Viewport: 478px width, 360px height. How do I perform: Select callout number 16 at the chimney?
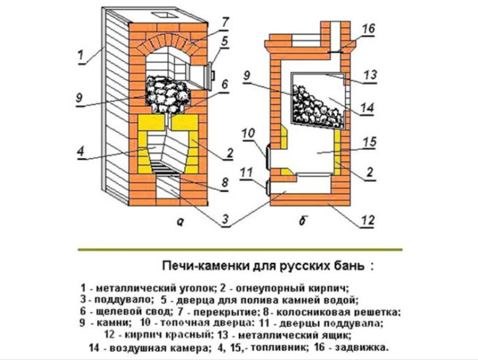click(368, 29)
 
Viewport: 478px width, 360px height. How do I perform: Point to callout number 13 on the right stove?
click(370, 75)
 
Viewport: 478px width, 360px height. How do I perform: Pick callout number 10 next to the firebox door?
click(248, 133)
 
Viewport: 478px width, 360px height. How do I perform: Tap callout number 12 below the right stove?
click(368, 219)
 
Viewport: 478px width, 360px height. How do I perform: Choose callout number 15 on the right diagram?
click(370, 142)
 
